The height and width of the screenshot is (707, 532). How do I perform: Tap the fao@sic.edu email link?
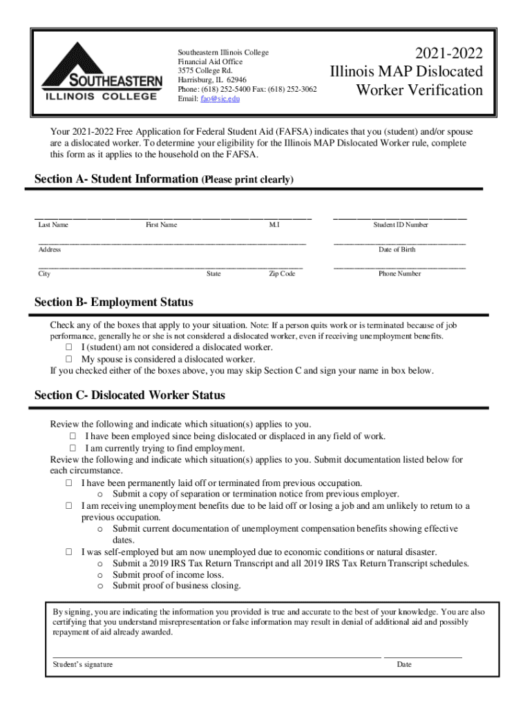[220, 99]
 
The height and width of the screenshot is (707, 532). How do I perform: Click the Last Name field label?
[53, 225]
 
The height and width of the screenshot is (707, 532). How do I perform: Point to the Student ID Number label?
[401, 225]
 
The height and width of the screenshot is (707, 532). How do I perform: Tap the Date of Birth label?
[397, 249]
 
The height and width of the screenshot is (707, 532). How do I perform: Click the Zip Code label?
[282, 274]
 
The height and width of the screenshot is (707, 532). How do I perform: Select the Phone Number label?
[399, 274]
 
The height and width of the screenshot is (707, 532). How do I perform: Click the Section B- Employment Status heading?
[114, 302]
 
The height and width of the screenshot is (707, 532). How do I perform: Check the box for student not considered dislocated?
[69, 347]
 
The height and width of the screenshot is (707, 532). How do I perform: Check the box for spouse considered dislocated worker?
[69, 359]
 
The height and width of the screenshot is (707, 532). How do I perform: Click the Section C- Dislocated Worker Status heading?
[130, 396]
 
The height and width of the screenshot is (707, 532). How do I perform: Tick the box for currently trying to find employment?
[73, 448]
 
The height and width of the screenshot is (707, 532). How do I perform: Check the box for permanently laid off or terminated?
[69, 483]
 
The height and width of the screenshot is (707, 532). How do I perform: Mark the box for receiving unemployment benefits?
[69, 506]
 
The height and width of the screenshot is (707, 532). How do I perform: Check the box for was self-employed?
[69, 552]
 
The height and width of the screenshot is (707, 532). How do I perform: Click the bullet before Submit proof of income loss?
[100, 575]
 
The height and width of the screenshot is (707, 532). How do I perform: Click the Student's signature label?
[83, 665]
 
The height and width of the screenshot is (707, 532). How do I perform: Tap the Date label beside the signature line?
[404, 665]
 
